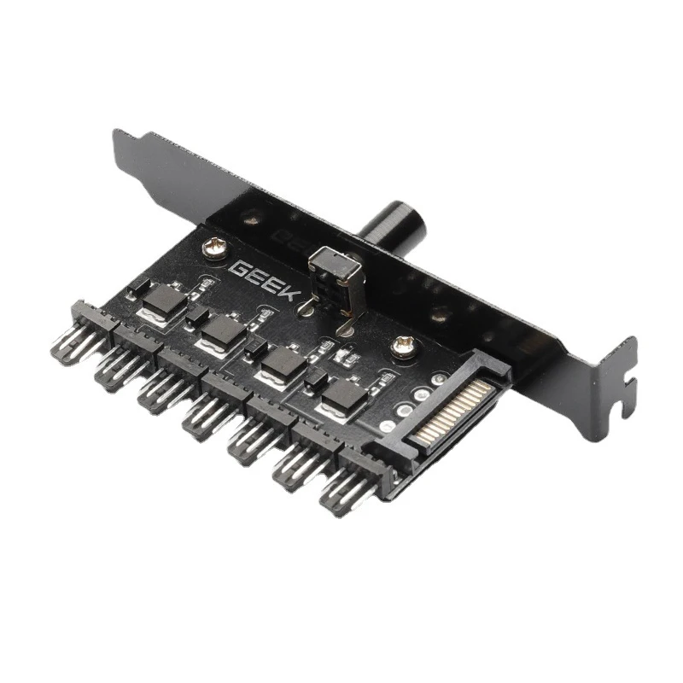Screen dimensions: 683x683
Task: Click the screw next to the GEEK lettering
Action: coord(215,250)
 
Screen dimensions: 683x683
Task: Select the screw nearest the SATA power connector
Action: coord(403,347)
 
